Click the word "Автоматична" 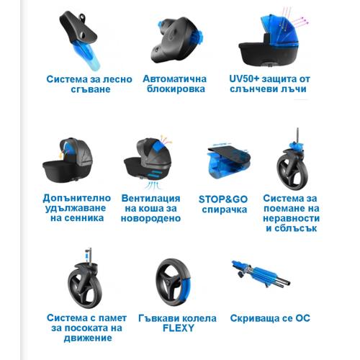point(174,79)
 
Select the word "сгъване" point(91,89)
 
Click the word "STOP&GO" point(223,199)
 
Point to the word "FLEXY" point(179,328)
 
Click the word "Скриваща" point(253,318)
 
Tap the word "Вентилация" point(150,199)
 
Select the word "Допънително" point(77,198)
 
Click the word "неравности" point(291,218)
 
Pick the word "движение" point(88,338)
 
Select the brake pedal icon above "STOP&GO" point(228,162)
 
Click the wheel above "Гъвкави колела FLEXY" point(174,282)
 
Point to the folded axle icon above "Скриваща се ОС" point(261,274)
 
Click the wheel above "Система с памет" point(85,284)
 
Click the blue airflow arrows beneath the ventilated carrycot point(154,185)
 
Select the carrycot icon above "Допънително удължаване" point(68,160)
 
